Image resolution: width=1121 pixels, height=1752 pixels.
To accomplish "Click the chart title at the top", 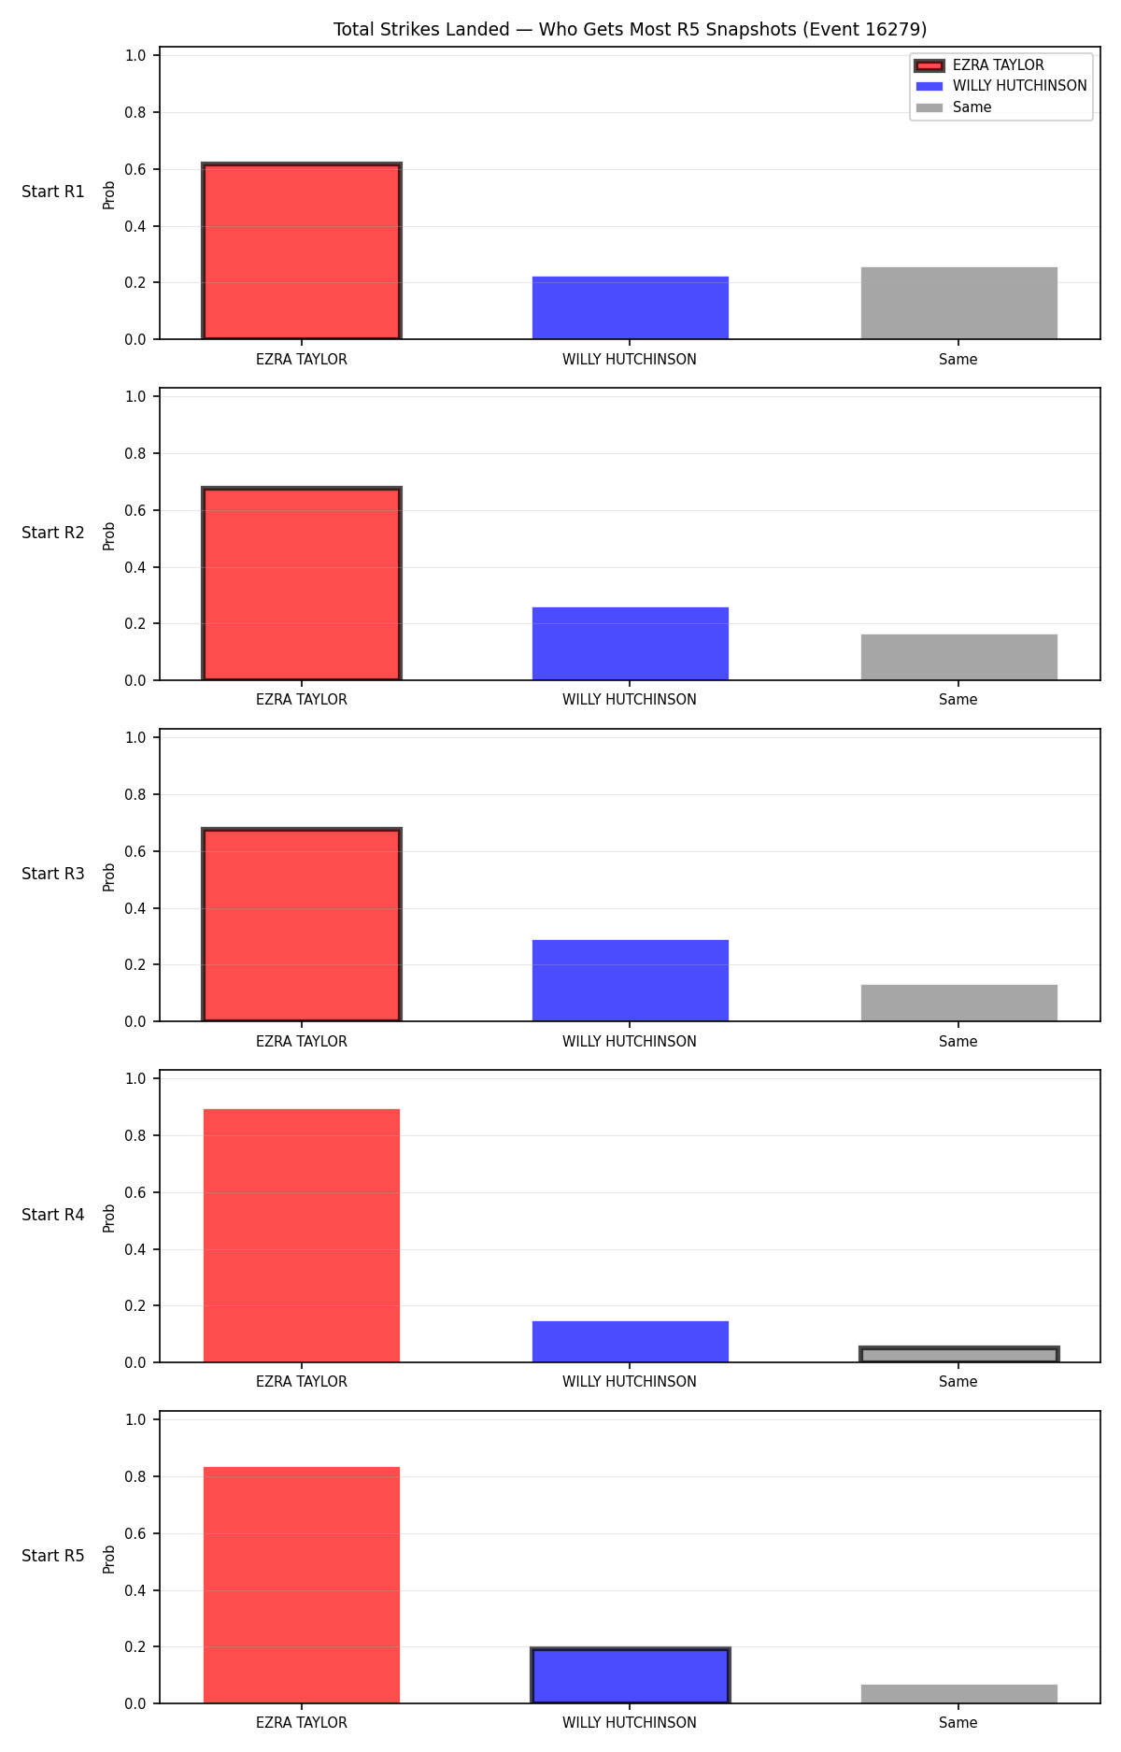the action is [630, 29].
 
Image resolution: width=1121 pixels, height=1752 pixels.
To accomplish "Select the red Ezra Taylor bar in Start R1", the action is [302, 251].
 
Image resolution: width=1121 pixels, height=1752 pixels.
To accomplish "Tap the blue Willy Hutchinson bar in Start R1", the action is [630, 307].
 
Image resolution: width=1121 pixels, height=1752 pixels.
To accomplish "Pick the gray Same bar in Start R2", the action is [958, 657].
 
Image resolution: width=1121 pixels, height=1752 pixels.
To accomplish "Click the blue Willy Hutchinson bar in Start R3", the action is [630, 980].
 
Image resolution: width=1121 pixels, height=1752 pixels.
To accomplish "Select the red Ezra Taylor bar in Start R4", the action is [302, 1235].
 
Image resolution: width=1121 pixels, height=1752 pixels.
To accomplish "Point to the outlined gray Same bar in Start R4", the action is [958, 1355].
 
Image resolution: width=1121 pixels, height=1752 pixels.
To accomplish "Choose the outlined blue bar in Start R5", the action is [630, 1675].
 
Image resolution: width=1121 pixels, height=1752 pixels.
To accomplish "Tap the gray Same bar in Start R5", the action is [958, 1694].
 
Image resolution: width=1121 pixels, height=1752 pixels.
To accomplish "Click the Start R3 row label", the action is [53, 874].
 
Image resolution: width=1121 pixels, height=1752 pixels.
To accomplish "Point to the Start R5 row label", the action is [53, 1556].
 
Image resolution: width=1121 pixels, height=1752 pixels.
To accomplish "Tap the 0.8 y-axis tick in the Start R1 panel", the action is [135, 112].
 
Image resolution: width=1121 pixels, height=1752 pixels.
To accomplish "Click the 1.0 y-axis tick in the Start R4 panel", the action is [135, 1078].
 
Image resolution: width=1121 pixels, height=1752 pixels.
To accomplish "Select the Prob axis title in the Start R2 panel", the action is [109, 535].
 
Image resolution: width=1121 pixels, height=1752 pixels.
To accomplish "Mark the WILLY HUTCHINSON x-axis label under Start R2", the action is [630, 700].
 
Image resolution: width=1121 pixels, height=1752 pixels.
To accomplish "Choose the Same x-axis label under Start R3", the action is [958, 1042].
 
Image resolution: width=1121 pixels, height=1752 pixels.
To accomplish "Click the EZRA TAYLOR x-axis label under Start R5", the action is [302, 1723].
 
